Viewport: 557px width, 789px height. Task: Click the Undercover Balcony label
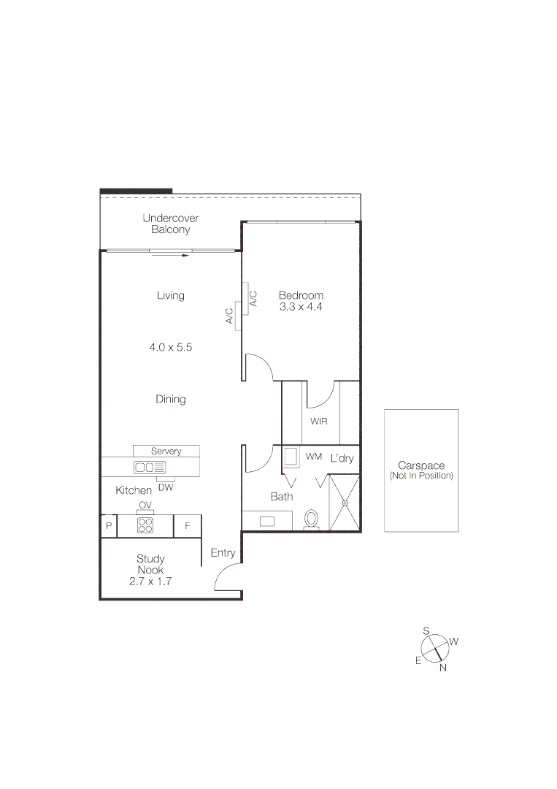170,224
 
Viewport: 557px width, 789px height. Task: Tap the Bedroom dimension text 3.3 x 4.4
301,308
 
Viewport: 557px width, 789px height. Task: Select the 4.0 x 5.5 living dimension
170,348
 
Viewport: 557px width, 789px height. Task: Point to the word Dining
170,399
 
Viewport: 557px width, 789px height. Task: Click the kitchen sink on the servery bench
150,467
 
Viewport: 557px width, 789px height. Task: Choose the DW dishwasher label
166,488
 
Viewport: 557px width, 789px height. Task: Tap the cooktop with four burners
145,525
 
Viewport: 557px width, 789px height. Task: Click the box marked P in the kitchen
108,526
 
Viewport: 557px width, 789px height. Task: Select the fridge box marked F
188,526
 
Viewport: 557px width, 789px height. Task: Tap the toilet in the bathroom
312,519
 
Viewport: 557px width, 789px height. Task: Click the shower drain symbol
345,503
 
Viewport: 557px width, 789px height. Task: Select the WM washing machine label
314,457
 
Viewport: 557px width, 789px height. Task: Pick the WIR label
318,422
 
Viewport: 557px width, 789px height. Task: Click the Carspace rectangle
421,470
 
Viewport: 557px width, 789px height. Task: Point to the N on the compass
442,667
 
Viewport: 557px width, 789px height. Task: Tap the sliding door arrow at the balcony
174,256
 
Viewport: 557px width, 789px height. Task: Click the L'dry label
342,459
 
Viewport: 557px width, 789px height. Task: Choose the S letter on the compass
426,630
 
